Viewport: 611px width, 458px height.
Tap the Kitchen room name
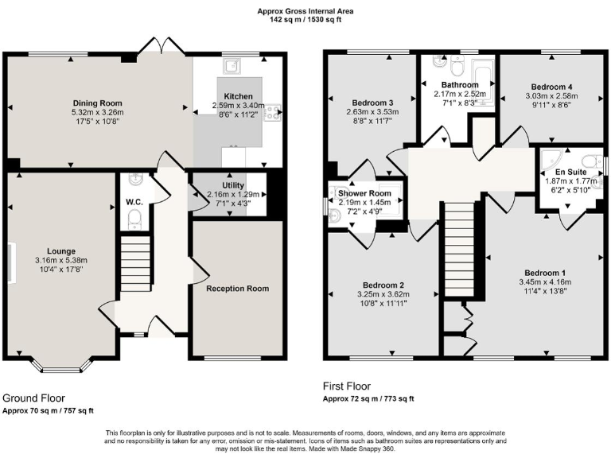click(x=232, y=95)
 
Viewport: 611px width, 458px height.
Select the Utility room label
click(x=232, y=184)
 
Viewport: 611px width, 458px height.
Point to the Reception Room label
click(x=237, y=288)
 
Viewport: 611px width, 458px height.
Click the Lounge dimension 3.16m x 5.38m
click(x=60, y=260)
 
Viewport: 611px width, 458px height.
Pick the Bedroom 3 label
click(x=372, y=103)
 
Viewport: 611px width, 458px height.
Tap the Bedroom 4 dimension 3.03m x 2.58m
click(x=551, y=96)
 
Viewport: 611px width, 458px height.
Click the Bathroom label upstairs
click(x=460, y=85)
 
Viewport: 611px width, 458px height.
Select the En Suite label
click(x=570, y=171)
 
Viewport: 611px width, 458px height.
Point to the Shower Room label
click(x=364, y=194)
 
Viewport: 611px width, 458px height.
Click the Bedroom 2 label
click(x=384, y=285)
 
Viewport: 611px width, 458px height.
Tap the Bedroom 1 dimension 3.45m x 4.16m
click(x=545, y=281)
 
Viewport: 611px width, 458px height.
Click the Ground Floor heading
click(x=34, y=398)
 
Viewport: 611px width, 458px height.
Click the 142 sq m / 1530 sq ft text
click(x=305, y=19)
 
